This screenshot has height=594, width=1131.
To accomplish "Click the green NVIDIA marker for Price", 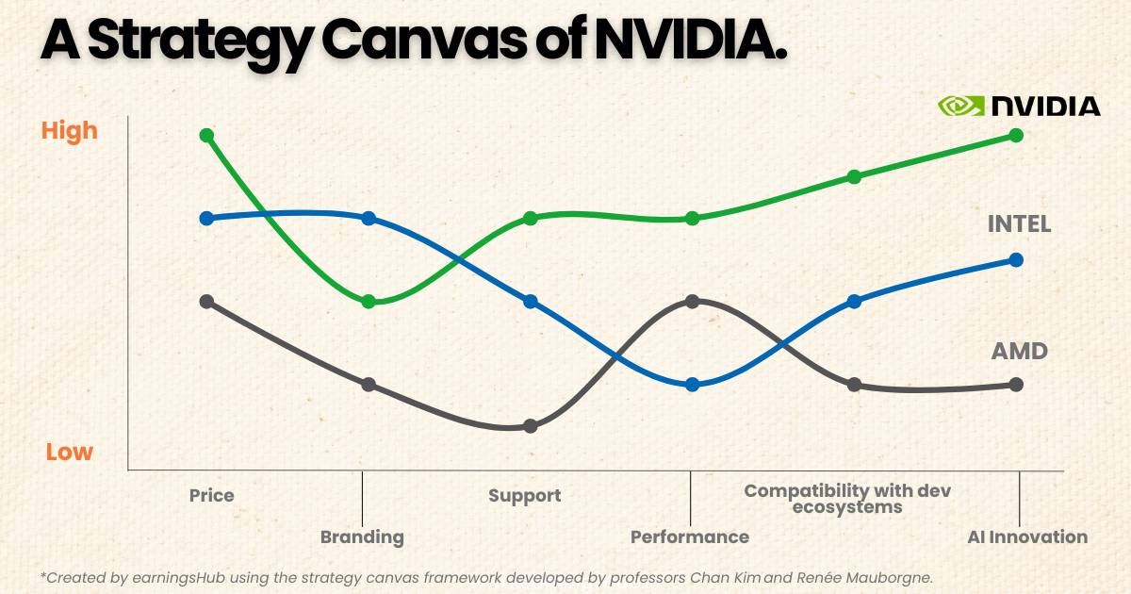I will click(207, 135).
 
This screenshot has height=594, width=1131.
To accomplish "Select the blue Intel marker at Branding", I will click(369, 218).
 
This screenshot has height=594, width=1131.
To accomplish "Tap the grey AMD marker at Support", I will click(530, 426).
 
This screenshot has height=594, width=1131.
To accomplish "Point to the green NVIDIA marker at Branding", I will click(369, 302).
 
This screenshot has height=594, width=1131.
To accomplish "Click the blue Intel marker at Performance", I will click(692, 385).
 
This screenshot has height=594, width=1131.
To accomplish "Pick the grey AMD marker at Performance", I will click(692, 302).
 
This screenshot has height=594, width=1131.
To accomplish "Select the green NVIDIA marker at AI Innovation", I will click(1016, 135).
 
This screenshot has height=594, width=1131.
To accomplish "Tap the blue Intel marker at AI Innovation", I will click(1016, 259).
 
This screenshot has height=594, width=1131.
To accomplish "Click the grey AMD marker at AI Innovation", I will click(1016, 385).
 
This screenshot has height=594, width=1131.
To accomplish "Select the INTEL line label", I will click(1019, 224).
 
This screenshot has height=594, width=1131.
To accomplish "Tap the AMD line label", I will click(1019, 352).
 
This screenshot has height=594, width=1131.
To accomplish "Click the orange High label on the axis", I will click(70, 130).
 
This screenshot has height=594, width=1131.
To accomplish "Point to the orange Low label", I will click(70, 453).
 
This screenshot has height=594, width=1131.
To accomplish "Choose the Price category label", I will click(211, 496).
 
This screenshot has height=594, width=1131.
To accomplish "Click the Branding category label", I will click(362, 537).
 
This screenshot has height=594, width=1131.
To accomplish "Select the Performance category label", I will click(690, 537).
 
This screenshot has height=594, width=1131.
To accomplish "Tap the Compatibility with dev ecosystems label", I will click(847, 499).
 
